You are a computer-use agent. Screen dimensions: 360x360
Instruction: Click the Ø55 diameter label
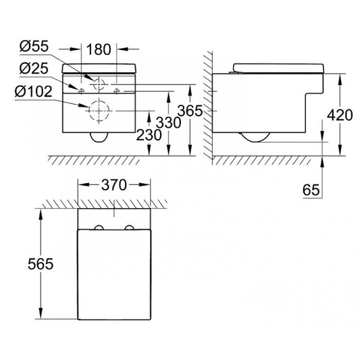[x=34, y=47]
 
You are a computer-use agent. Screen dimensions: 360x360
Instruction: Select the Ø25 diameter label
[x=34, y=68]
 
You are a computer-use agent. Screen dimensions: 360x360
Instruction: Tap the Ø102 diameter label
[x=34, y=91]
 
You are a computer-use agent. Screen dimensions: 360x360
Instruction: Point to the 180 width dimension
[x=99, y=49]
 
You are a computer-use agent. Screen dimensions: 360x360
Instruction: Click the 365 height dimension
[x=190, y=111]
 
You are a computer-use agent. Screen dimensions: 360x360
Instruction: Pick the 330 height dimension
[x=169, y=122]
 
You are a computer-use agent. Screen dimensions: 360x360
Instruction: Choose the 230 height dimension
[x=149, y=135]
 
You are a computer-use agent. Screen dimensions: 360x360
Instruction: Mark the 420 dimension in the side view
[x=340, y=115]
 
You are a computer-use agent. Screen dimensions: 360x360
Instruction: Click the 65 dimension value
[x=311, y=190]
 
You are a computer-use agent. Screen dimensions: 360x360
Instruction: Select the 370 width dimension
[x=114, y=185]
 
